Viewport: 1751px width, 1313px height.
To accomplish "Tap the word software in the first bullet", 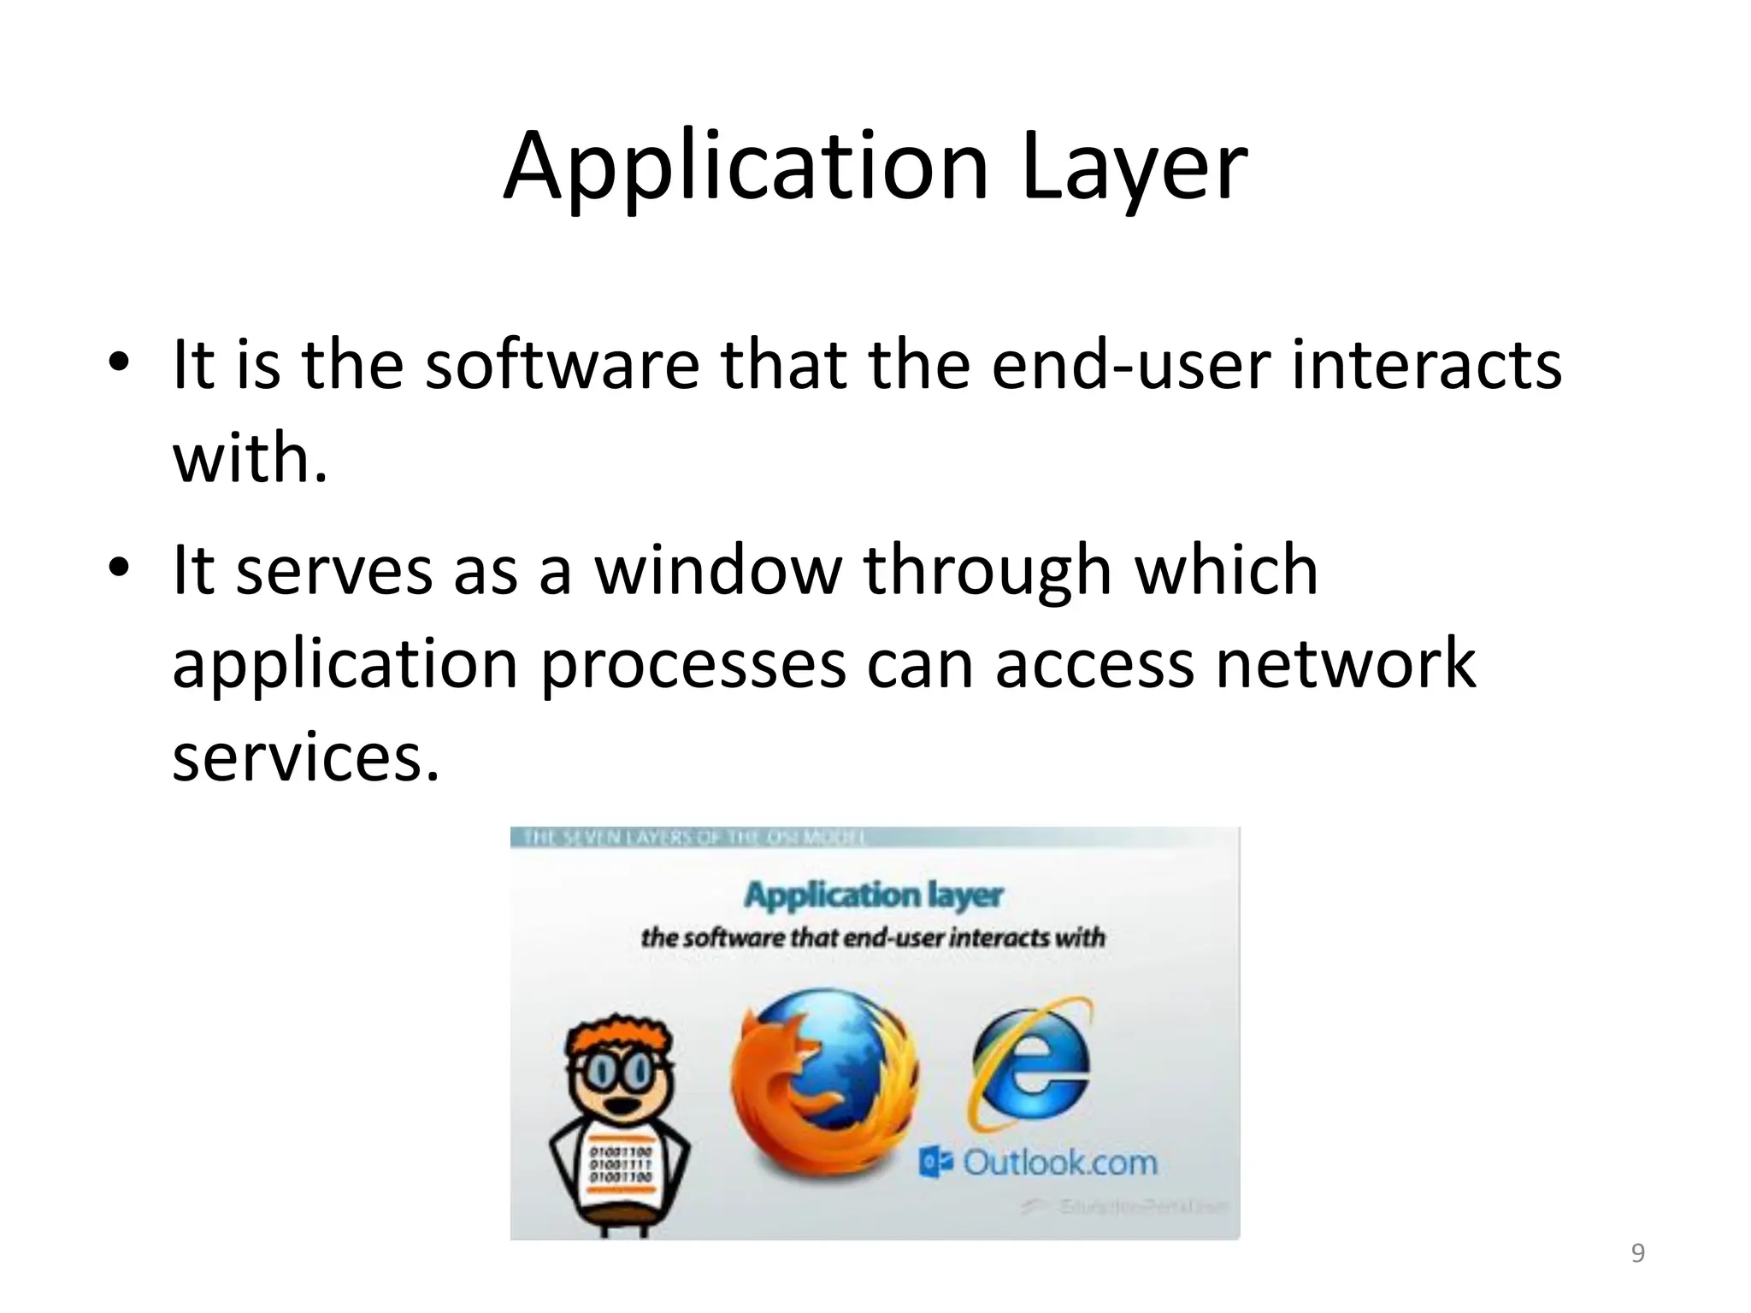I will [562, 365].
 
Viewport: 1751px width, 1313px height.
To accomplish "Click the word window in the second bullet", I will [718, 570].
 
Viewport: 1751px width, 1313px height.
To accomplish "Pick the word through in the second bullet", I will [988, 570].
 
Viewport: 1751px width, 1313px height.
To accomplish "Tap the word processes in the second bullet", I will [693, 664].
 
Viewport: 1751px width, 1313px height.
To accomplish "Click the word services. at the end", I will [305, 758].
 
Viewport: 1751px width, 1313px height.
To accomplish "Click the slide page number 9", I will [1637, 1253].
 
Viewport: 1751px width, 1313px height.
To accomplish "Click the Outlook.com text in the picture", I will [1058, 1163].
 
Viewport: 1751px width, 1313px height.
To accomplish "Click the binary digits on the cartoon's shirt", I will [620, 1164].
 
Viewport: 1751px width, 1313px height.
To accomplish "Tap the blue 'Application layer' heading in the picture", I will [872, 895].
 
